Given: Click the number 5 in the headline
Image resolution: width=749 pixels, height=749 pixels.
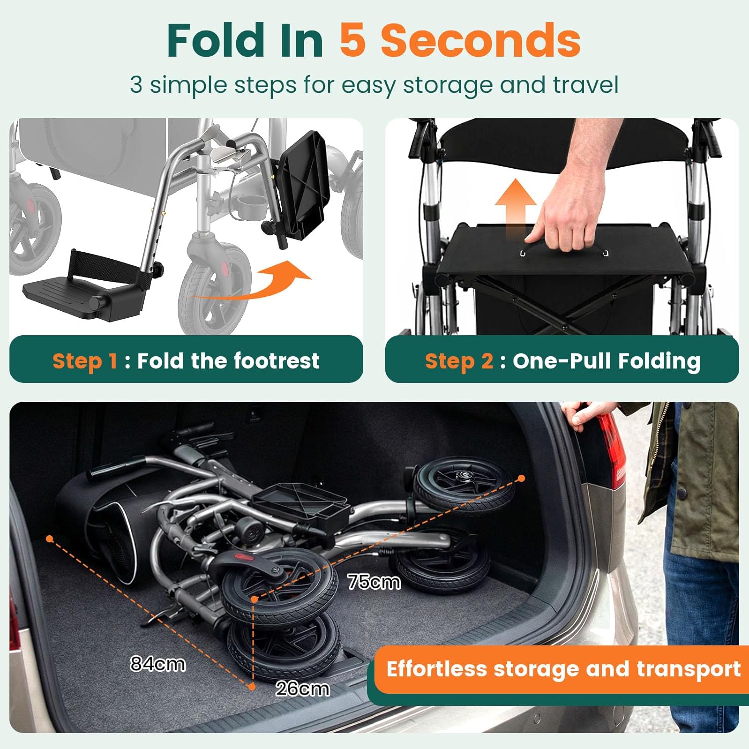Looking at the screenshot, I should point(353,41).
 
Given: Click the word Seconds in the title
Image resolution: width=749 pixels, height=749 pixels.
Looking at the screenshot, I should point(480,41).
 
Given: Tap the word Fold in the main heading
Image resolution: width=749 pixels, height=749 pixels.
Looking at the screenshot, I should point(216,41).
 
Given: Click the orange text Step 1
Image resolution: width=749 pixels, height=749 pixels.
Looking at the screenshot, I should point(85,361).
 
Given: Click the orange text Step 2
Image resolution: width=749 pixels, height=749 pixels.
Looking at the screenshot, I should point(459,361).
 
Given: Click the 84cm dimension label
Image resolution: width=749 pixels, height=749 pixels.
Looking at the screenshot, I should point(158,664).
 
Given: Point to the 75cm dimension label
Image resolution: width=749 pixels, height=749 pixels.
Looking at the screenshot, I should point(374,582).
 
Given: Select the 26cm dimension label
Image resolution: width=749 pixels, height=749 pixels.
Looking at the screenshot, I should point(302,689).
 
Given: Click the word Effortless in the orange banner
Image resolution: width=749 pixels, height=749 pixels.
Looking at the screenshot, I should point(436,669).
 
